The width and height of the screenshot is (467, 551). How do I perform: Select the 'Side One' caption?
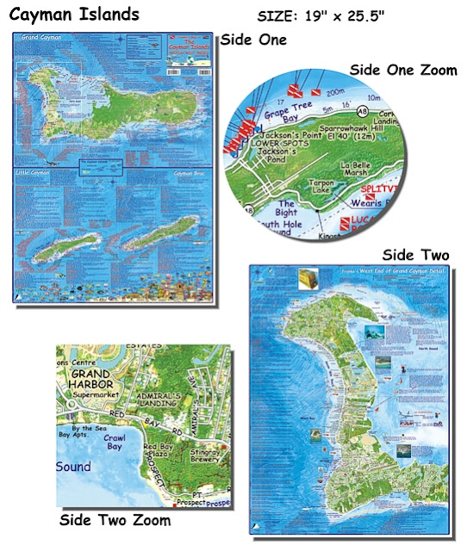(254, 40)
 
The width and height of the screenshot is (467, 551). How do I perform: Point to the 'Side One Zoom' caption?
(404, 69)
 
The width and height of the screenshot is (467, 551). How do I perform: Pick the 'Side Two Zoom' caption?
(115, 520)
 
